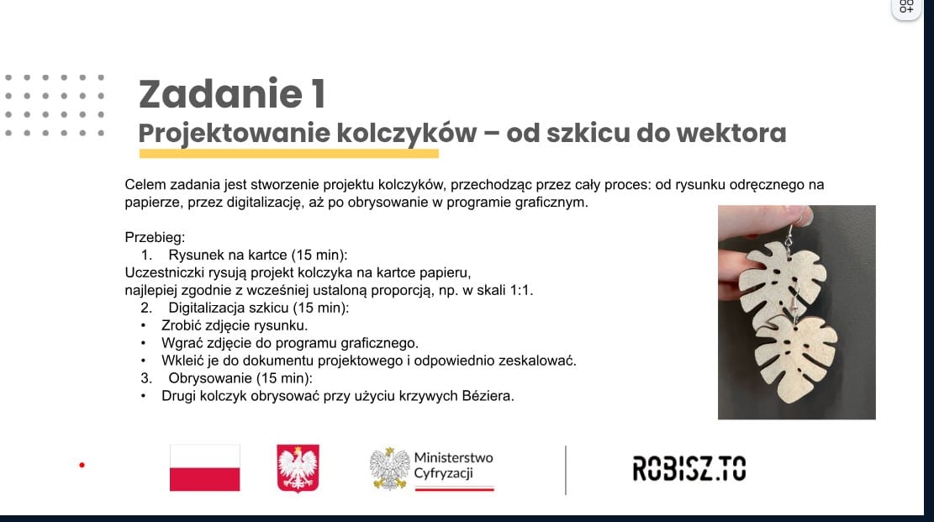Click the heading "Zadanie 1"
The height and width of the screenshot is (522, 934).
tap(232, 93)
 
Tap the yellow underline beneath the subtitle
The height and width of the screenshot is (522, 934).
tap(289, 154)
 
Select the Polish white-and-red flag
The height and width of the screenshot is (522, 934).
tap(205, 467)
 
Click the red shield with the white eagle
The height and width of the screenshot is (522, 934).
tap(298, 468)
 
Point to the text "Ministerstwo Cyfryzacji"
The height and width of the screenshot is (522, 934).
tap(453, 466)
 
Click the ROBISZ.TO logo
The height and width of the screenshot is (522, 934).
tap(689, 468)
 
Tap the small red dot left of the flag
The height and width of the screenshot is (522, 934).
tap(82, 465)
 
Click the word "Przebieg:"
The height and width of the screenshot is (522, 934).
tap(155, 237)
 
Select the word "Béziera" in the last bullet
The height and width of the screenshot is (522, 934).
tap(488, 396)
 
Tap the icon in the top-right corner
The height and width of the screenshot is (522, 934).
tap(906, 8)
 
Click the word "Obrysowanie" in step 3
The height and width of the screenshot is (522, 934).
tap(202, 378)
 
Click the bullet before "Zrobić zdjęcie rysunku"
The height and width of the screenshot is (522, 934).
tap(143, 326)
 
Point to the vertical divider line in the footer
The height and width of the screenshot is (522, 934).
tap(565, 470)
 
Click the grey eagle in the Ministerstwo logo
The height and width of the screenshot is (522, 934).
tap(389, 468)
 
